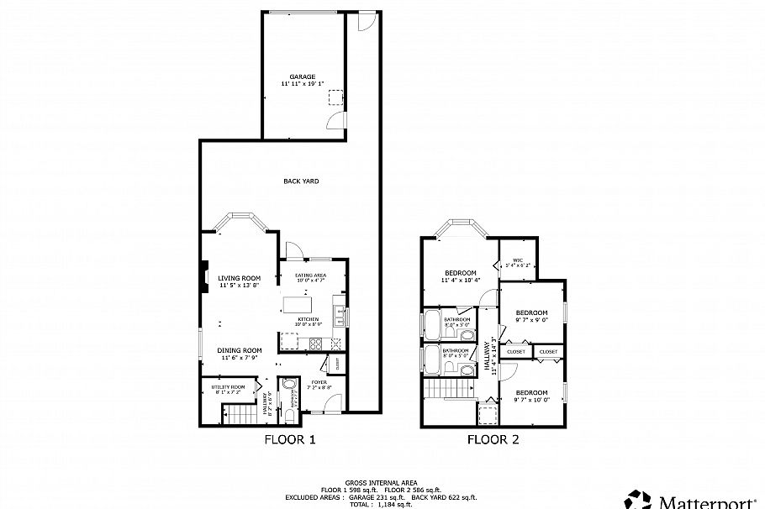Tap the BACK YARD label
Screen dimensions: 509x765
click(301, 181)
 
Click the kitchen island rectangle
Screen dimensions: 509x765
click(297, 304)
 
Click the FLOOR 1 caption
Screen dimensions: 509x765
click(290, 439)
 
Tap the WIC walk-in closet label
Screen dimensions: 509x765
click(518, 261)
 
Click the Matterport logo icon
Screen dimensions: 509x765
click(636, 499)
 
